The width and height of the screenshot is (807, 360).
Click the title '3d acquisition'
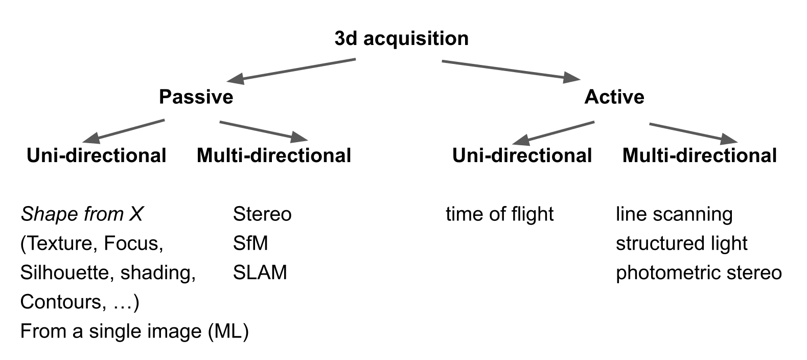click(x=401, y=39)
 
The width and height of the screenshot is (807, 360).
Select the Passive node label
click(x=196, y=97)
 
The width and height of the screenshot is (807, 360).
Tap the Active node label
click(x=614, y=97)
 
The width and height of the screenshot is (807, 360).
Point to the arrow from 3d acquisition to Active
click(x=511, y=70)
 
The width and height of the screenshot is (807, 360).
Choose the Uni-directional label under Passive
click(x=97, y=155)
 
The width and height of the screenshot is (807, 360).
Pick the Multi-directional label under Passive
click(x=274, y=155)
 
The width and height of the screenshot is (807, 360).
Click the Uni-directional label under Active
click(x=522, y=155)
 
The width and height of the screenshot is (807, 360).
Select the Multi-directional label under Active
click(x=699, y=155)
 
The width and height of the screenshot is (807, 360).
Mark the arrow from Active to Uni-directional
click(x=553, y=131)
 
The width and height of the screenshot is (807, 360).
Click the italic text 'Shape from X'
click(x=82, y=214)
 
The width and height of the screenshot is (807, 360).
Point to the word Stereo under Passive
click(x=262, y=214)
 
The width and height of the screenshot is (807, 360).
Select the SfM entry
click(x=250, y=243)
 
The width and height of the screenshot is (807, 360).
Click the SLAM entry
click(x=260, y=273)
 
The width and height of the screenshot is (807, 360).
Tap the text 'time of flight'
click(x=499, y=214)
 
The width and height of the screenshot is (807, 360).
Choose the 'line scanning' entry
click(x=674, y=214)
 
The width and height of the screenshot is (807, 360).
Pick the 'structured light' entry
click(x=681, y=243)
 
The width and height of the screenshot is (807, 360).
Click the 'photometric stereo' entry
click(x=698, y=273)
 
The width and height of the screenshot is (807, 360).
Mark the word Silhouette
click(x=66, y=273)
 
